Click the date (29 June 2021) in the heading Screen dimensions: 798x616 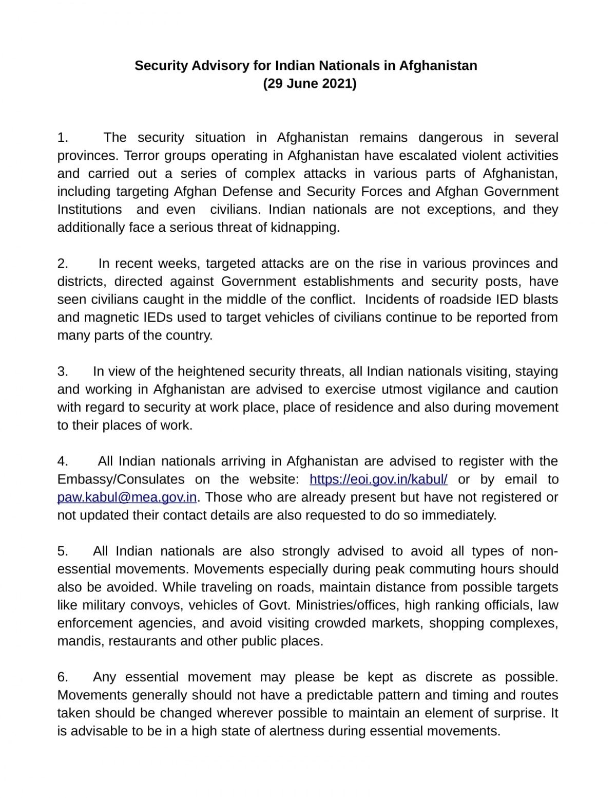[310, 84]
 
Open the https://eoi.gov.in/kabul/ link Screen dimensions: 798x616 [378, 479]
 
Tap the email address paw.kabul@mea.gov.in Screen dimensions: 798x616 [127, 497]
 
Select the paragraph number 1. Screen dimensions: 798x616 [63, 138]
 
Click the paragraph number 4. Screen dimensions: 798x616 [63, 461]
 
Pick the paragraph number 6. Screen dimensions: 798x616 [63, 677]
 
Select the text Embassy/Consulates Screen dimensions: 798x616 [121, 479]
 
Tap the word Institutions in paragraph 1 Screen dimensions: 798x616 [89, 210]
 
